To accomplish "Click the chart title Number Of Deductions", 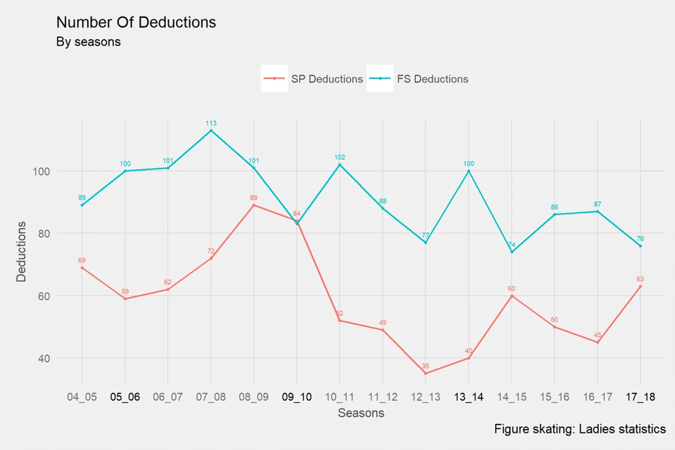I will [136, 22].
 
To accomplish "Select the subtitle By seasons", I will [88, 42].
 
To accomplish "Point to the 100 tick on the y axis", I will [41, 171].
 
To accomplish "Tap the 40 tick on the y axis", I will [44, 359].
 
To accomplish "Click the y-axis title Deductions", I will [21, 251].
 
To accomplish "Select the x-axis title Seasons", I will [361, 413].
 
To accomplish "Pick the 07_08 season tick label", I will [211, 397].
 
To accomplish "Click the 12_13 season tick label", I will [425, 397].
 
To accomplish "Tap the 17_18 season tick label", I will [640, 397].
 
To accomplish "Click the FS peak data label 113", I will [211, 123].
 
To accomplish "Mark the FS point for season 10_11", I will [340, 165].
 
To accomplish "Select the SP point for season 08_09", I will [254, 205].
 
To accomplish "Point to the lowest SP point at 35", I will [425, 373].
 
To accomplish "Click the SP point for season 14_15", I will [512, 296].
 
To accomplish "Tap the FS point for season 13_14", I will [469, 171].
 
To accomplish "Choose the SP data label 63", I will [640, 279].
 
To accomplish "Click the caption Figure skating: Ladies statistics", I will [580, 429].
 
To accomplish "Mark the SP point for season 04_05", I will [82, 268].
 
